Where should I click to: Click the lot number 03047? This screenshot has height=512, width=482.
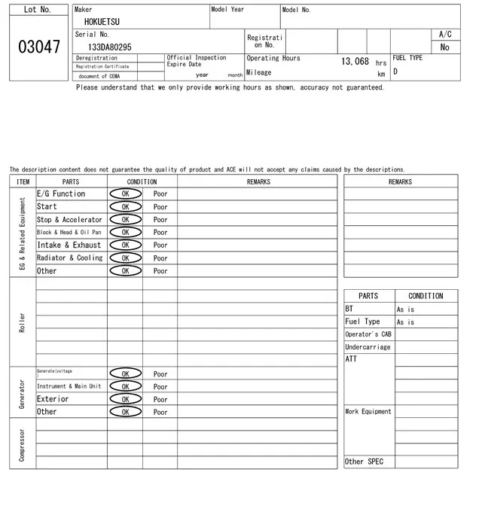pyautogui.click(x=38, y=47)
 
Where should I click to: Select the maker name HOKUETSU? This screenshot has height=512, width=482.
pyautogui.click(x=101, y=23)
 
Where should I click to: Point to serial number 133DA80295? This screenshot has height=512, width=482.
pyautogui.click(x=110, y=47)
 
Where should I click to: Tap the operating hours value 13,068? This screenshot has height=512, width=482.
pyautogui.click(x=355, y=62)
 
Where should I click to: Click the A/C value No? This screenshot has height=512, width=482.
pyautogui.click(x=444, y=47)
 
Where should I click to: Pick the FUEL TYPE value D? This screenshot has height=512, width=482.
pyautogui.click(x=395, y=72)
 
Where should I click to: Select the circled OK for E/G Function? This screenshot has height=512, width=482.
pyautogui.click(x=125, y=194)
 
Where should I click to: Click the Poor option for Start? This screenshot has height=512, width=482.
pyautogui.click(x=160, y=206)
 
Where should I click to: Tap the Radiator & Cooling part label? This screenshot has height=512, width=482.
pyautogui.click(x=69, y=258)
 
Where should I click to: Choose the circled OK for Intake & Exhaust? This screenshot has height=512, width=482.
pyautogui.click(x=125, y=245)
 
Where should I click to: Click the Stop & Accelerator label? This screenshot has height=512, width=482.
pyautogui.click(x=69, y=219)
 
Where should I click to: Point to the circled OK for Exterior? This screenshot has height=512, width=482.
pyautogui.click(x=125, y=399)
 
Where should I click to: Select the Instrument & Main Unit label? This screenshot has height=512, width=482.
pyautogui.click(x=69, y=386)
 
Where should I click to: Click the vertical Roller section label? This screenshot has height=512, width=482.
pyautogui.click(x=22, y=322)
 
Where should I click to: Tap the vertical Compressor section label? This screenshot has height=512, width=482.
pyautogui.click(x=22, y=444)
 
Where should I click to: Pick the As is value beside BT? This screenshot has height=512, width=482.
pyautogui.click(x=405, y=309)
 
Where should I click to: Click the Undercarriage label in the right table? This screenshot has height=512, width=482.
pyautogui.click(x=368, y=347)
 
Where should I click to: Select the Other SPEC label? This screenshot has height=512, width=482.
pyautogui.click(x=364, y=462)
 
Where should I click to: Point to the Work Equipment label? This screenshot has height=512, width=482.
pyautogui.click(x=368, y=412)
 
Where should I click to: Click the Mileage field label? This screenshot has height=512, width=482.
pyautogui.click(x=258, y=73)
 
